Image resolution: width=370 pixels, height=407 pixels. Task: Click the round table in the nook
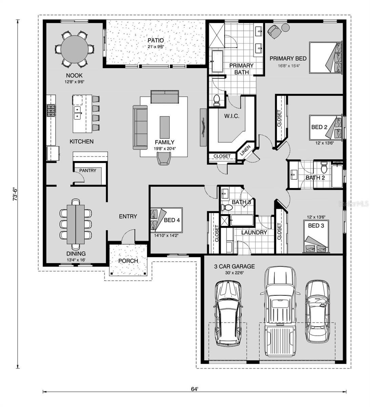pyautogui.click(x=75, y=49)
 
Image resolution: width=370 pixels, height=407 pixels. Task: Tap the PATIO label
pyautogui.click(x=156, y=40)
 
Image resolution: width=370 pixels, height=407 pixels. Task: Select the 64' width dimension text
pyautogui.click(x=194, y=389)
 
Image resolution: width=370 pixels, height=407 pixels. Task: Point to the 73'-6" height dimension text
pyautogui.click(x=15, y=194)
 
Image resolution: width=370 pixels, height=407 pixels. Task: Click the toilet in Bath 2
pyautogui.click(x=323, y=167)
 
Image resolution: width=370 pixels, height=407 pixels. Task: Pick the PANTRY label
pyautogui.click(x=87, y=170)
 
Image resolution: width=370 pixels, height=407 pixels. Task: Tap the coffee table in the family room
pyautogui.click(x=165, y=127)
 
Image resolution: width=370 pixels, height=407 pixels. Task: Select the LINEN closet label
pyautogui.click(x=245, y=150)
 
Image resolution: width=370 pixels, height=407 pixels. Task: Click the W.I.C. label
pyautogui.click(x=231, y=116)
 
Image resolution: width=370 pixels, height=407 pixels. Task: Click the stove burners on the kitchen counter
pyautogui.click(x=51, y=110)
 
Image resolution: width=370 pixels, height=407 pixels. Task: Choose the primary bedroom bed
pyautogui.click(x=325, y=58)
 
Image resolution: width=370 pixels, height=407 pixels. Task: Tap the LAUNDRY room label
pyautogui.click(x=254, y=233)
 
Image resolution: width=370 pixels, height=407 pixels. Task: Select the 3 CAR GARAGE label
pyautogui.click(x=234, y=266)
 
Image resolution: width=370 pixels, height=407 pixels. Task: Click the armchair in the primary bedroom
pyautogui.click(x=274, y=31)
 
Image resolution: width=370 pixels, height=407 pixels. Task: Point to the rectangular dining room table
pyautogui.click(x=76, y=225)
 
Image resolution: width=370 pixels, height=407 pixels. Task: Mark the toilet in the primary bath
pyautogui.click(x=217, y=100)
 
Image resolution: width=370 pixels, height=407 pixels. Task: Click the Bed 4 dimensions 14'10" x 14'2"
pyautogui.click(x=166, y=236)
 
